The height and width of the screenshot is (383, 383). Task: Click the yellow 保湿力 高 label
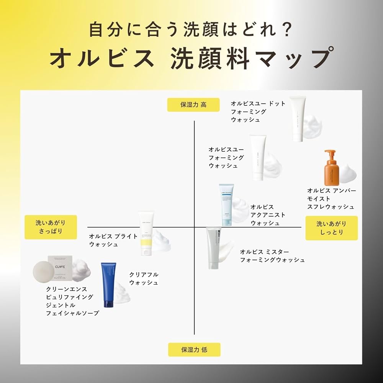[193, 105]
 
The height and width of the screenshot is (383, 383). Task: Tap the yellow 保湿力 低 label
[194, 349]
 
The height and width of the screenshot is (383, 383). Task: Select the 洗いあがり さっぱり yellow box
[51, 227]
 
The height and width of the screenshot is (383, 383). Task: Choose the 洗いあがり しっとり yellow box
[331, 228]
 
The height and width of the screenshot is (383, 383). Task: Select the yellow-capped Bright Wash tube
[147, 233]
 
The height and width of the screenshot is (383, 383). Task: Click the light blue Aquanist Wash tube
[226, 205]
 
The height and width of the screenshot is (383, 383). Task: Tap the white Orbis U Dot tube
[298, 118]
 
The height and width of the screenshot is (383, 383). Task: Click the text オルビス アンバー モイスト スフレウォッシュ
[331, 199]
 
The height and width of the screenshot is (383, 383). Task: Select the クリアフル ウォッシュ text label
[144, 278]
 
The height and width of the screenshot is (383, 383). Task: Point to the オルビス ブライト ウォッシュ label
[113, 240]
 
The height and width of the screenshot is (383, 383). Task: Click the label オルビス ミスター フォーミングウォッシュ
[272, 256]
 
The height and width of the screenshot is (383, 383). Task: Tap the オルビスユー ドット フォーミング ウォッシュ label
[258, 111]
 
